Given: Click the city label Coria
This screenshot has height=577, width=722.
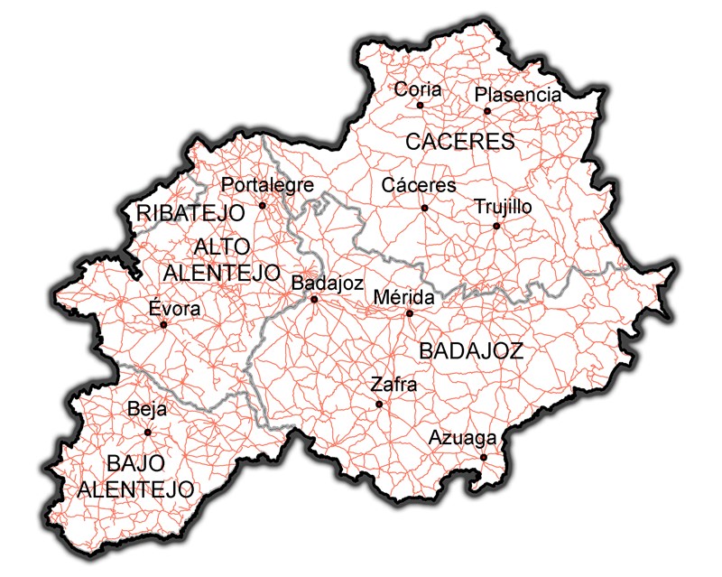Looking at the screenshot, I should (418, 89).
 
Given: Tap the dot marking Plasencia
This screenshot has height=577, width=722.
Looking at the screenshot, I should (486, 111).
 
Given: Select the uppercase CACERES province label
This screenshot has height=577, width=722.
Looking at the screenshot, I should (459, 142).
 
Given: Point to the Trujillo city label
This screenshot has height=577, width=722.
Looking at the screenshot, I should (503, 207).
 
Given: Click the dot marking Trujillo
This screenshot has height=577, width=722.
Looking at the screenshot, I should (495, 225).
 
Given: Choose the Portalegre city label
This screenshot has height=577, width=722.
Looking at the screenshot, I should (267, 185).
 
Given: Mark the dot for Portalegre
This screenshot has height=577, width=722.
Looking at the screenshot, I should (263, 205).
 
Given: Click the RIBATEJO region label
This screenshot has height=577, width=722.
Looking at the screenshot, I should (191, 213).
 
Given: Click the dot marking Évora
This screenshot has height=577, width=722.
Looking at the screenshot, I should (163, 324).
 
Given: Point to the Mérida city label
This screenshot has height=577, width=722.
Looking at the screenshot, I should (403, 297).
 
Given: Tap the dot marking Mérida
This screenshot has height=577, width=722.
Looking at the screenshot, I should (409, 313).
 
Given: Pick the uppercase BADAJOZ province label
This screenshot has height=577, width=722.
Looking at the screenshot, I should (471, 351).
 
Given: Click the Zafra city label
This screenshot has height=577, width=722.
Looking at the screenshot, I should (393, 386).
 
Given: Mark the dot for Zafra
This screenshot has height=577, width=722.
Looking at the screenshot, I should (379, 404).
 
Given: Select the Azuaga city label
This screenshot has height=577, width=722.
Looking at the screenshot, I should (462, 439).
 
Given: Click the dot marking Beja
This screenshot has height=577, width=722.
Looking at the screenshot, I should (148, 432).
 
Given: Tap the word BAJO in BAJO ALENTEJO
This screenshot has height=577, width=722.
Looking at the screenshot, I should (135, 464).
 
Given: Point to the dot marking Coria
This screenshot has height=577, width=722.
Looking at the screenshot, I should (420, 105).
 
